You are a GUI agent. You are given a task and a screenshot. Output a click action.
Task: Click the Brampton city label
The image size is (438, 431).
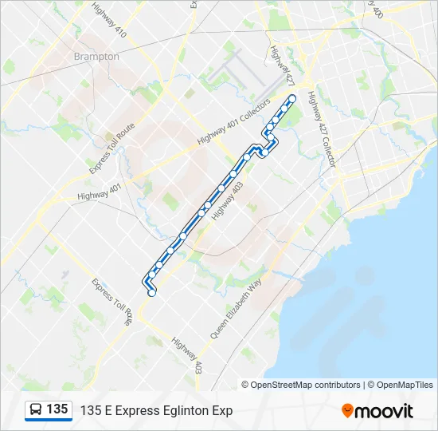96,57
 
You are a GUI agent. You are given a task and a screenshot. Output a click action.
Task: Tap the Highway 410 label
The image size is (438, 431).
109,22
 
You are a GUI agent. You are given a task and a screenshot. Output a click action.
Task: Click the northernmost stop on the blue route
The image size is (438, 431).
291,98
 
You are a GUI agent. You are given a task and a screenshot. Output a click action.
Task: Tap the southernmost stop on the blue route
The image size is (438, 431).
151,292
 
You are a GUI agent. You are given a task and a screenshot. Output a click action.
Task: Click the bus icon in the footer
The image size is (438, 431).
36,409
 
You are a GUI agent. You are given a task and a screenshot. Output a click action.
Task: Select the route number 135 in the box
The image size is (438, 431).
57,409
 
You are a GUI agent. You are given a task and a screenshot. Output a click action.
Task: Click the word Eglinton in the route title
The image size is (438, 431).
185,410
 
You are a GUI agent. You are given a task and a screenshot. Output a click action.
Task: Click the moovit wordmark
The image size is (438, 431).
384,410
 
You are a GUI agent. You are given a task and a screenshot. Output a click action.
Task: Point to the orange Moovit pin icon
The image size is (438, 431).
347,410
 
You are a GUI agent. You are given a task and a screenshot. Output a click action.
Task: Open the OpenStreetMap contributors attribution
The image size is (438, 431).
305,385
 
